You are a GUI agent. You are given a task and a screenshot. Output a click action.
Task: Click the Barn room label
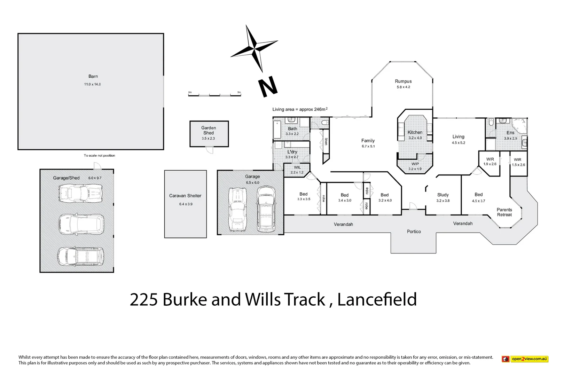coord(93,76)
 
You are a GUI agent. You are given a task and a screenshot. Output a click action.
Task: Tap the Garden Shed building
coord(209,134)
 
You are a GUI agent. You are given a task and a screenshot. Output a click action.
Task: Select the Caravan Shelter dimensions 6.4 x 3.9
coord(186,204)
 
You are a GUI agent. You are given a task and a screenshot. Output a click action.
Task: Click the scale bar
coord(214,95)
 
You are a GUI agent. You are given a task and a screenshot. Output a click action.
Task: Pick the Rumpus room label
coord(403,81)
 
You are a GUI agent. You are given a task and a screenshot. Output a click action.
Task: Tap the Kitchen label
coord(415,132)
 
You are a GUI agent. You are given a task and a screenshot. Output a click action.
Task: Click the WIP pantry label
coord(415,164)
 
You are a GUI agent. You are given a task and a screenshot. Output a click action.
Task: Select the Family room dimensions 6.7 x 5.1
coord(368,146)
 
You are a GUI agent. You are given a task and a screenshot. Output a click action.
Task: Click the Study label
coord(443,195)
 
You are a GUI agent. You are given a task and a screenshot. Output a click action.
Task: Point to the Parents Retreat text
coord(504,212)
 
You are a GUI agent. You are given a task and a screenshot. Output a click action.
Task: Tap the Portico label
coord(414,232)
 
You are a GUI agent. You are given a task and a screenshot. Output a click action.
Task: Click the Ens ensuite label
coord(510,133)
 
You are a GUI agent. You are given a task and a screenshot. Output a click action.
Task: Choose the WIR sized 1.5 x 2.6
coord(518,162)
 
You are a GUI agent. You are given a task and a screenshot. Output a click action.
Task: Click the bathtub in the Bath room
coord(277,130)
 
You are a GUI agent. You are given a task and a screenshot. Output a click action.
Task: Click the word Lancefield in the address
coord(377,299)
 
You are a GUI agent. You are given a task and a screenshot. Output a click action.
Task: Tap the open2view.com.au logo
coord(525,359)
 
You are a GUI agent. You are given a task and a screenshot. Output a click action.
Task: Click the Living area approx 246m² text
coord(300,109)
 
